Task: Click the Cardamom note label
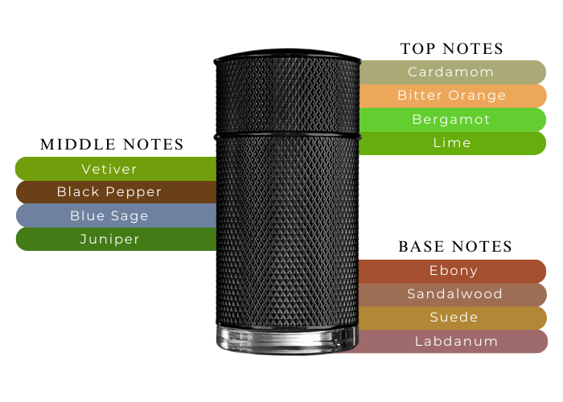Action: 450,72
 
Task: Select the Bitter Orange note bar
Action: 451,96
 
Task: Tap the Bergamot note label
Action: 451,120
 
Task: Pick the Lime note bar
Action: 451,143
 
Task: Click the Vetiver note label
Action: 109,169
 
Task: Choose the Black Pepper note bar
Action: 109,192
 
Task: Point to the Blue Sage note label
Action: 109,215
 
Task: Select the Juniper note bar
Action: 109,239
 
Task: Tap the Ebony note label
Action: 454,271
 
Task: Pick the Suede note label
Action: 454,318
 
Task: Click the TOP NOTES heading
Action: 451,49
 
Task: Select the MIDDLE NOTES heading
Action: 113,145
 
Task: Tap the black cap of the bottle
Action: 286,92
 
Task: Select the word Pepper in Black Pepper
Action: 136,192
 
